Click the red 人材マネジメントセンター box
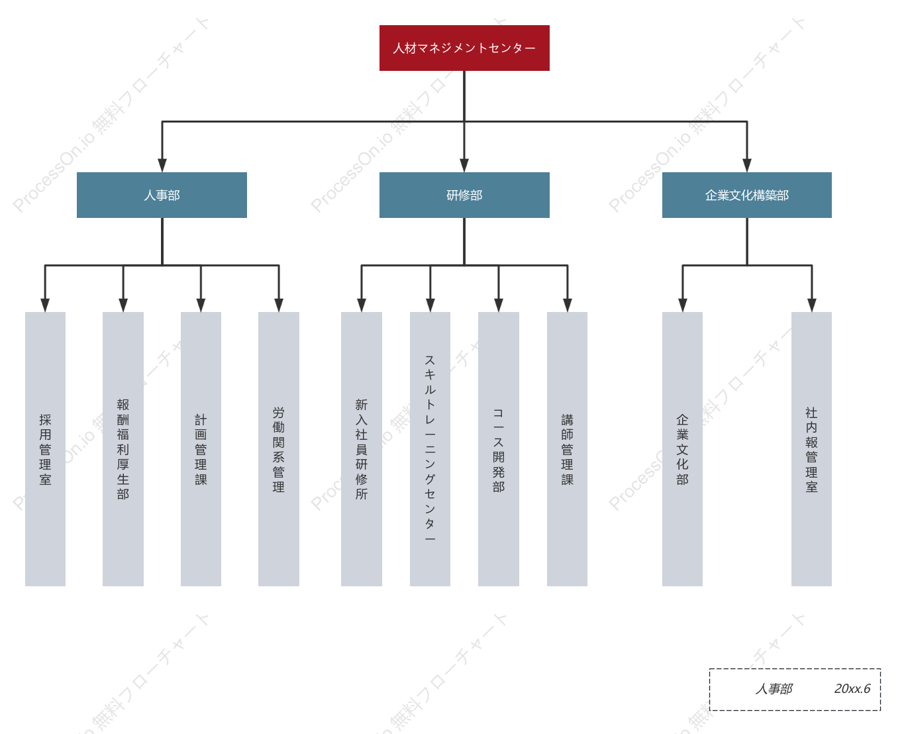(x=464, y=48)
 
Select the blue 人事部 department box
(x=162, y=195)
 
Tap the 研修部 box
(x=464, y=195)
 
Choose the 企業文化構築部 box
(x=746, y=195)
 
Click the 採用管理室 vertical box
(x=45, y=448)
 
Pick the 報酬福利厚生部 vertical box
(x=123, y=448)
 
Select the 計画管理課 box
(x=201, y=448)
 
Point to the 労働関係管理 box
(x=278, y=448)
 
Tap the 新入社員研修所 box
(x=361, y=448)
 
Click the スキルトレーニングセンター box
(x=430, y=448)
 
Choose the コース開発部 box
(x=498, y=448)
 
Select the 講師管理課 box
(x=567, y=448)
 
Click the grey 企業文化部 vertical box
(x=682, y=448)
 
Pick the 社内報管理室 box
(x=811, y=448)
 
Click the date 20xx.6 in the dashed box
(x=852, y=688)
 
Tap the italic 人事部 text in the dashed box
(x=774, y=688)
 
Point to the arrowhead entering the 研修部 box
(x=464, y=165)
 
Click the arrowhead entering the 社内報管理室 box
(x=811, y=305)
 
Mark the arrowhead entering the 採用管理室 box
(x=45, y=305)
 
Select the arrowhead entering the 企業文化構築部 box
(x=747, y=165)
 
